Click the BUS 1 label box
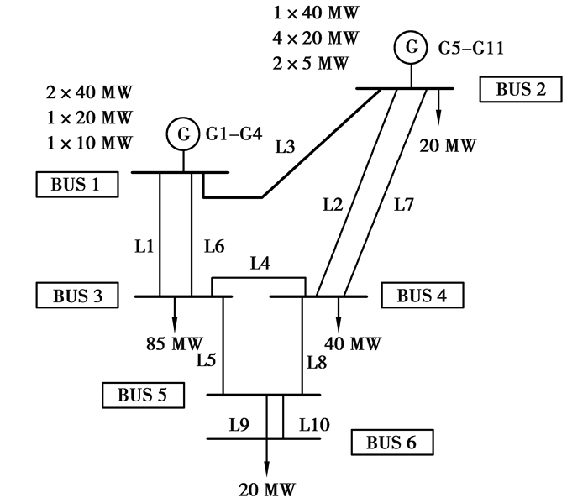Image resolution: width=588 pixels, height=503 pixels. click(x=75, y=185)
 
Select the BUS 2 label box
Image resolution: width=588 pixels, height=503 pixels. click(x=520, y=89)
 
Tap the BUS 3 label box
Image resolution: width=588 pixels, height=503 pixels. click(x=76, y=296)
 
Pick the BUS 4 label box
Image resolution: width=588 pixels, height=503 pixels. click(x=422, y=296)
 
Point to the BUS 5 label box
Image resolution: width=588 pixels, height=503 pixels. click(x=142, y=394)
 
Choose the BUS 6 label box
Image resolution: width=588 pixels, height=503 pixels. click(x=391, y=441)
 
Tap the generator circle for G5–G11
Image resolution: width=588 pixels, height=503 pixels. click(x=411, y=48)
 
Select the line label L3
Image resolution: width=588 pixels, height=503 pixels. click(x=286, y=148)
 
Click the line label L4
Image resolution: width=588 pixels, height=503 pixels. click(x=260, y=264)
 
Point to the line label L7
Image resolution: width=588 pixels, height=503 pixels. click(x=404, y=202)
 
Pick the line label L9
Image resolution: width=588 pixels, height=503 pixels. click(x=240, y=424)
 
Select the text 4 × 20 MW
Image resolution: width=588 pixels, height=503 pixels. click(x=316, y=38)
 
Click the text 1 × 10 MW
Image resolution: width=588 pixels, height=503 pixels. click(x=90, y=143)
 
